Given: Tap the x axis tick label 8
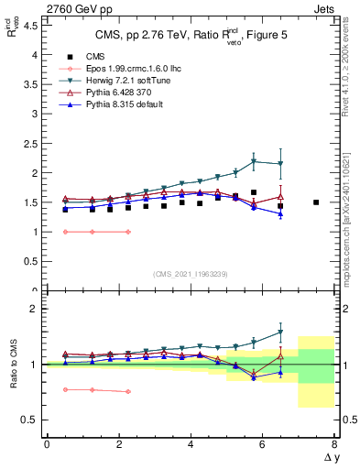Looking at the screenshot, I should point(334,445).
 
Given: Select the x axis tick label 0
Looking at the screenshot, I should point(47,445).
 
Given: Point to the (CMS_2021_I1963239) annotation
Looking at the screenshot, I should point(190,273).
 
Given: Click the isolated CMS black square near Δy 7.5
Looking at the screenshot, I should point(316,202).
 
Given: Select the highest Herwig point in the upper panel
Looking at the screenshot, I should point(254,161).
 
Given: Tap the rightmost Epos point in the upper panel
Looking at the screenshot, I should point(127,232).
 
